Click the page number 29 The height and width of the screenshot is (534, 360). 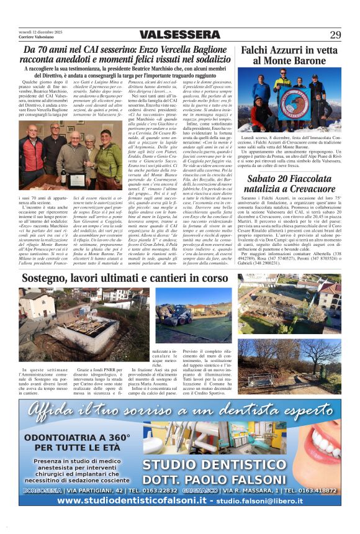point(335,34)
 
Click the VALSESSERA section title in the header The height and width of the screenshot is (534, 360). point(179,34)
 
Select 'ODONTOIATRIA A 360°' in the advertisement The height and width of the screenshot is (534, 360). point(77,437)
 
